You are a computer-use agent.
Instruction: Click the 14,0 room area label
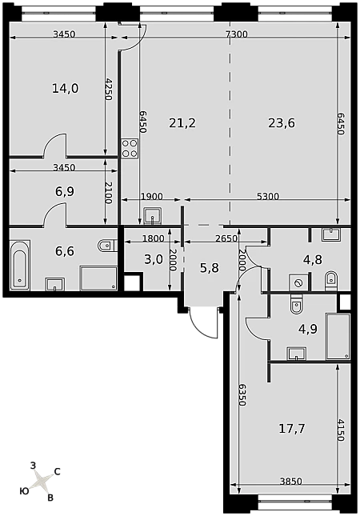click(x=66, y=89)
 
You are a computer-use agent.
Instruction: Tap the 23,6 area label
click(x=282, y=123)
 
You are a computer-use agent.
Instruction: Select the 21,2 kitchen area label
click(x=182, y=123)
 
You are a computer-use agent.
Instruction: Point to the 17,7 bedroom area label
click(x=292, y=429)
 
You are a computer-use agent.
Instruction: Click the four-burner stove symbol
click(x=130, y=149)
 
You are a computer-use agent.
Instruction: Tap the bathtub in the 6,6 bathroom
click(x=20, y=266)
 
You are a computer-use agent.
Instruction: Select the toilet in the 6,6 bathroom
click(x=107, y=246)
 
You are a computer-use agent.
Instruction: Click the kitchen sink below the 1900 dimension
click(x=152, y=216)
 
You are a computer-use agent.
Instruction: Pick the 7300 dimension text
click(x=236, y=34)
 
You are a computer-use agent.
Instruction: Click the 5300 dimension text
click(x=268, y=197)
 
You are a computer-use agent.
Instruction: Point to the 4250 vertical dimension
click(x=109, y=89)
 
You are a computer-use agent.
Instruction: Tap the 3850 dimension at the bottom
click(x=291, y=482)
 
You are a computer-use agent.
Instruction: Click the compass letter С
click(x=57, y=471)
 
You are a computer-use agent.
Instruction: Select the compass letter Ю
click(x=24, y=491)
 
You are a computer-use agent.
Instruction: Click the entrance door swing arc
click(x=201, y=326)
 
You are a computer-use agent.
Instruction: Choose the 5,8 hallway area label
click(x=210, y=268)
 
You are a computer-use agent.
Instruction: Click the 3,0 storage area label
click(x=154, y=260)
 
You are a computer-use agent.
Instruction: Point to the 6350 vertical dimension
click(x=242, y=394)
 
